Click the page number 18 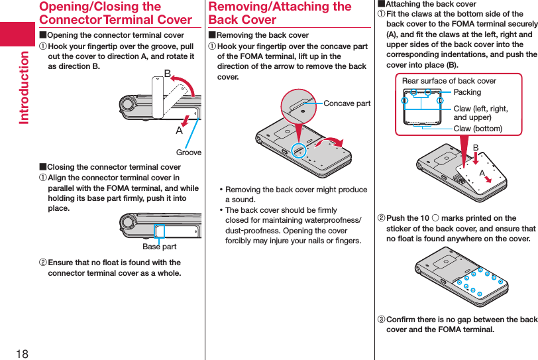click(x=22, y=353)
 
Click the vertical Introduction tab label click(x=24, y=87)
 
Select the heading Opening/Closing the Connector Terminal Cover click(x=115, y=13)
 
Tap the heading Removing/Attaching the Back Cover click(x=280, y=13)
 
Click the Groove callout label click(x=189, y=152)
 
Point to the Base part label click(x=160, y=247)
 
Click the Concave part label click(x=347, y=103)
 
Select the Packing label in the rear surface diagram click(x=467, y=92)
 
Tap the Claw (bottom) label click(x=478, y=128)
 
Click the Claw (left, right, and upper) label click(x=480, y=113)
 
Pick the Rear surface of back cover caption click(x=449, y=81)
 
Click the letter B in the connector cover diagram click(x=168, y=73)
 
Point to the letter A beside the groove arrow click(x=179, y=131)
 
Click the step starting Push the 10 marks click(x=457, y=228)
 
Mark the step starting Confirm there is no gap click(x=457, y=324)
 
